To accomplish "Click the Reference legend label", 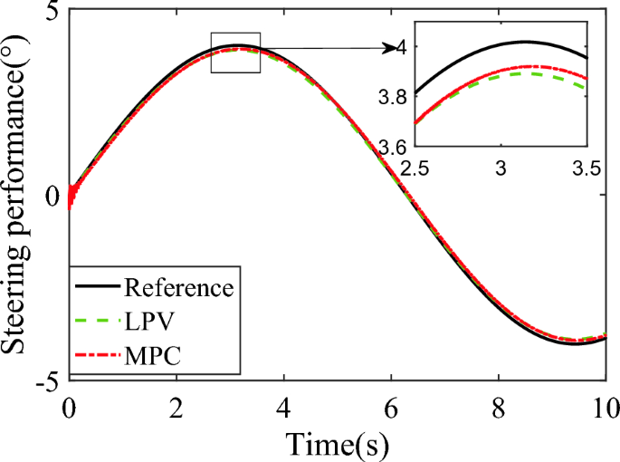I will point(180,290).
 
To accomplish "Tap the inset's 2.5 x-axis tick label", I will point(415,168).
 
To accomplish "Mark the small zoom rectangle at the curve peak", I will point(235,53).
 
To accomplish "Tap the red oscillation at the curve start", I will point(72,195).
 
